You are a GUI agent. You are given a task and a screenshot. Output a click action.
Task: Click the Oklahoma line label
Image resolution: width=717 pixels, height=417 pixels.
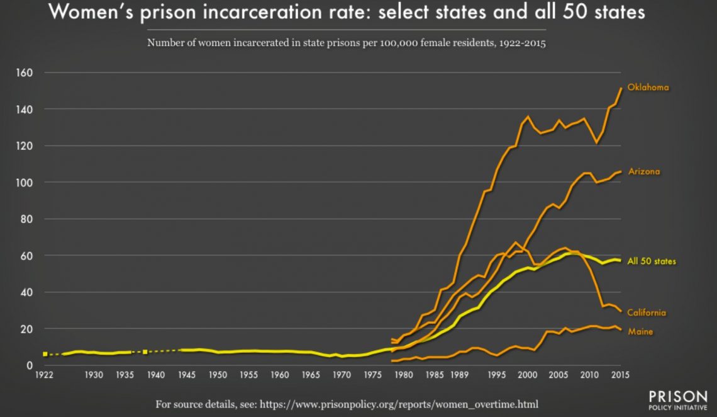648,88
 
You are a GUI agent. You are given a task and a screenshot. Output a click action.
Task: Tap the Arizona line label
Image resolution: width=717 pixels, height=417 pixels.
644,171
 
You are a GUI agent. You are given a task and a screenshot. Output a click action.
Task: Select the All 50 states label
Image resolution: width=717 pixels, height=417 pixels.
652,261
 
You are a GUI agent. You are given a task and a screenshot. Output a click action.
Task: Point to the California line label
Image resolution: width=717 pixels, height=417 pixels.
647,312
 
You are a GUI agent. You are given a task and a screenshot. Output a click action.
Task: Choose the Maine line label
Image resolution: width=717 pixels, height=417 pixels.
640,331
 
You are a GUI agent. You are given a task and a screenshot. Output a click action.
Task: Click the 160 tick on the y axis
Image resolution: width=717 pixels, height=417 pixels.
25,73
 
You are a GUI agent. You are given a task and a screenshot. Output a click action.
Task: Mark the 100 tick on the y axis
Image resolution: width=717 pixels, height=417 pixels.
25,183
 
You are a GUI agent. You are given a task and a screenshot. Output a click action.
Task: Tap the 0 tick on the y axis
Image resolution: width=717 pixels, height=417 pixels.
30,365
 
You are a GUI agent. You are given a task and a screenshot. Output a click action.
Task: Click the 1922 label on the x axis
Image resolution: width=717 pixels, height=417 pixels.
44,375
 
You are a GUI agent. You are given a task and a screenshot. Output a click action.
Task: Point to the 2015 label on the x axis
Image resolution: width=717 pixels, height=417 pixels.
621,375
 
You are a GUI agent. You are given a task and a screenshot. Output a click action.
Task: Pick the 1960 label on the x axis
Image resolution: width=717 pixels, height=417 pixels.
279,375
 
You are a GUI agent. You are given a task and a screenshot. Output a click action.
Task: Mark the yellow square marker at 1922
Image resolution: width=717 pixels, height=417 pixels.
45,355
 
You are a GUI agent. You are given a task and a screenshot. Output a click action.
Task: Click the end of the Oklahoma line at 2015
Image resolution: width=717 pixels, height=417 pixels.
621,88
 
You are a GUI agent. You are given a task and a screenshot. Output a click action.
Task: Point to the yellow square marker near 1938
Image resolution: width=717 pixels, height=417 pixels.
145,351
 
